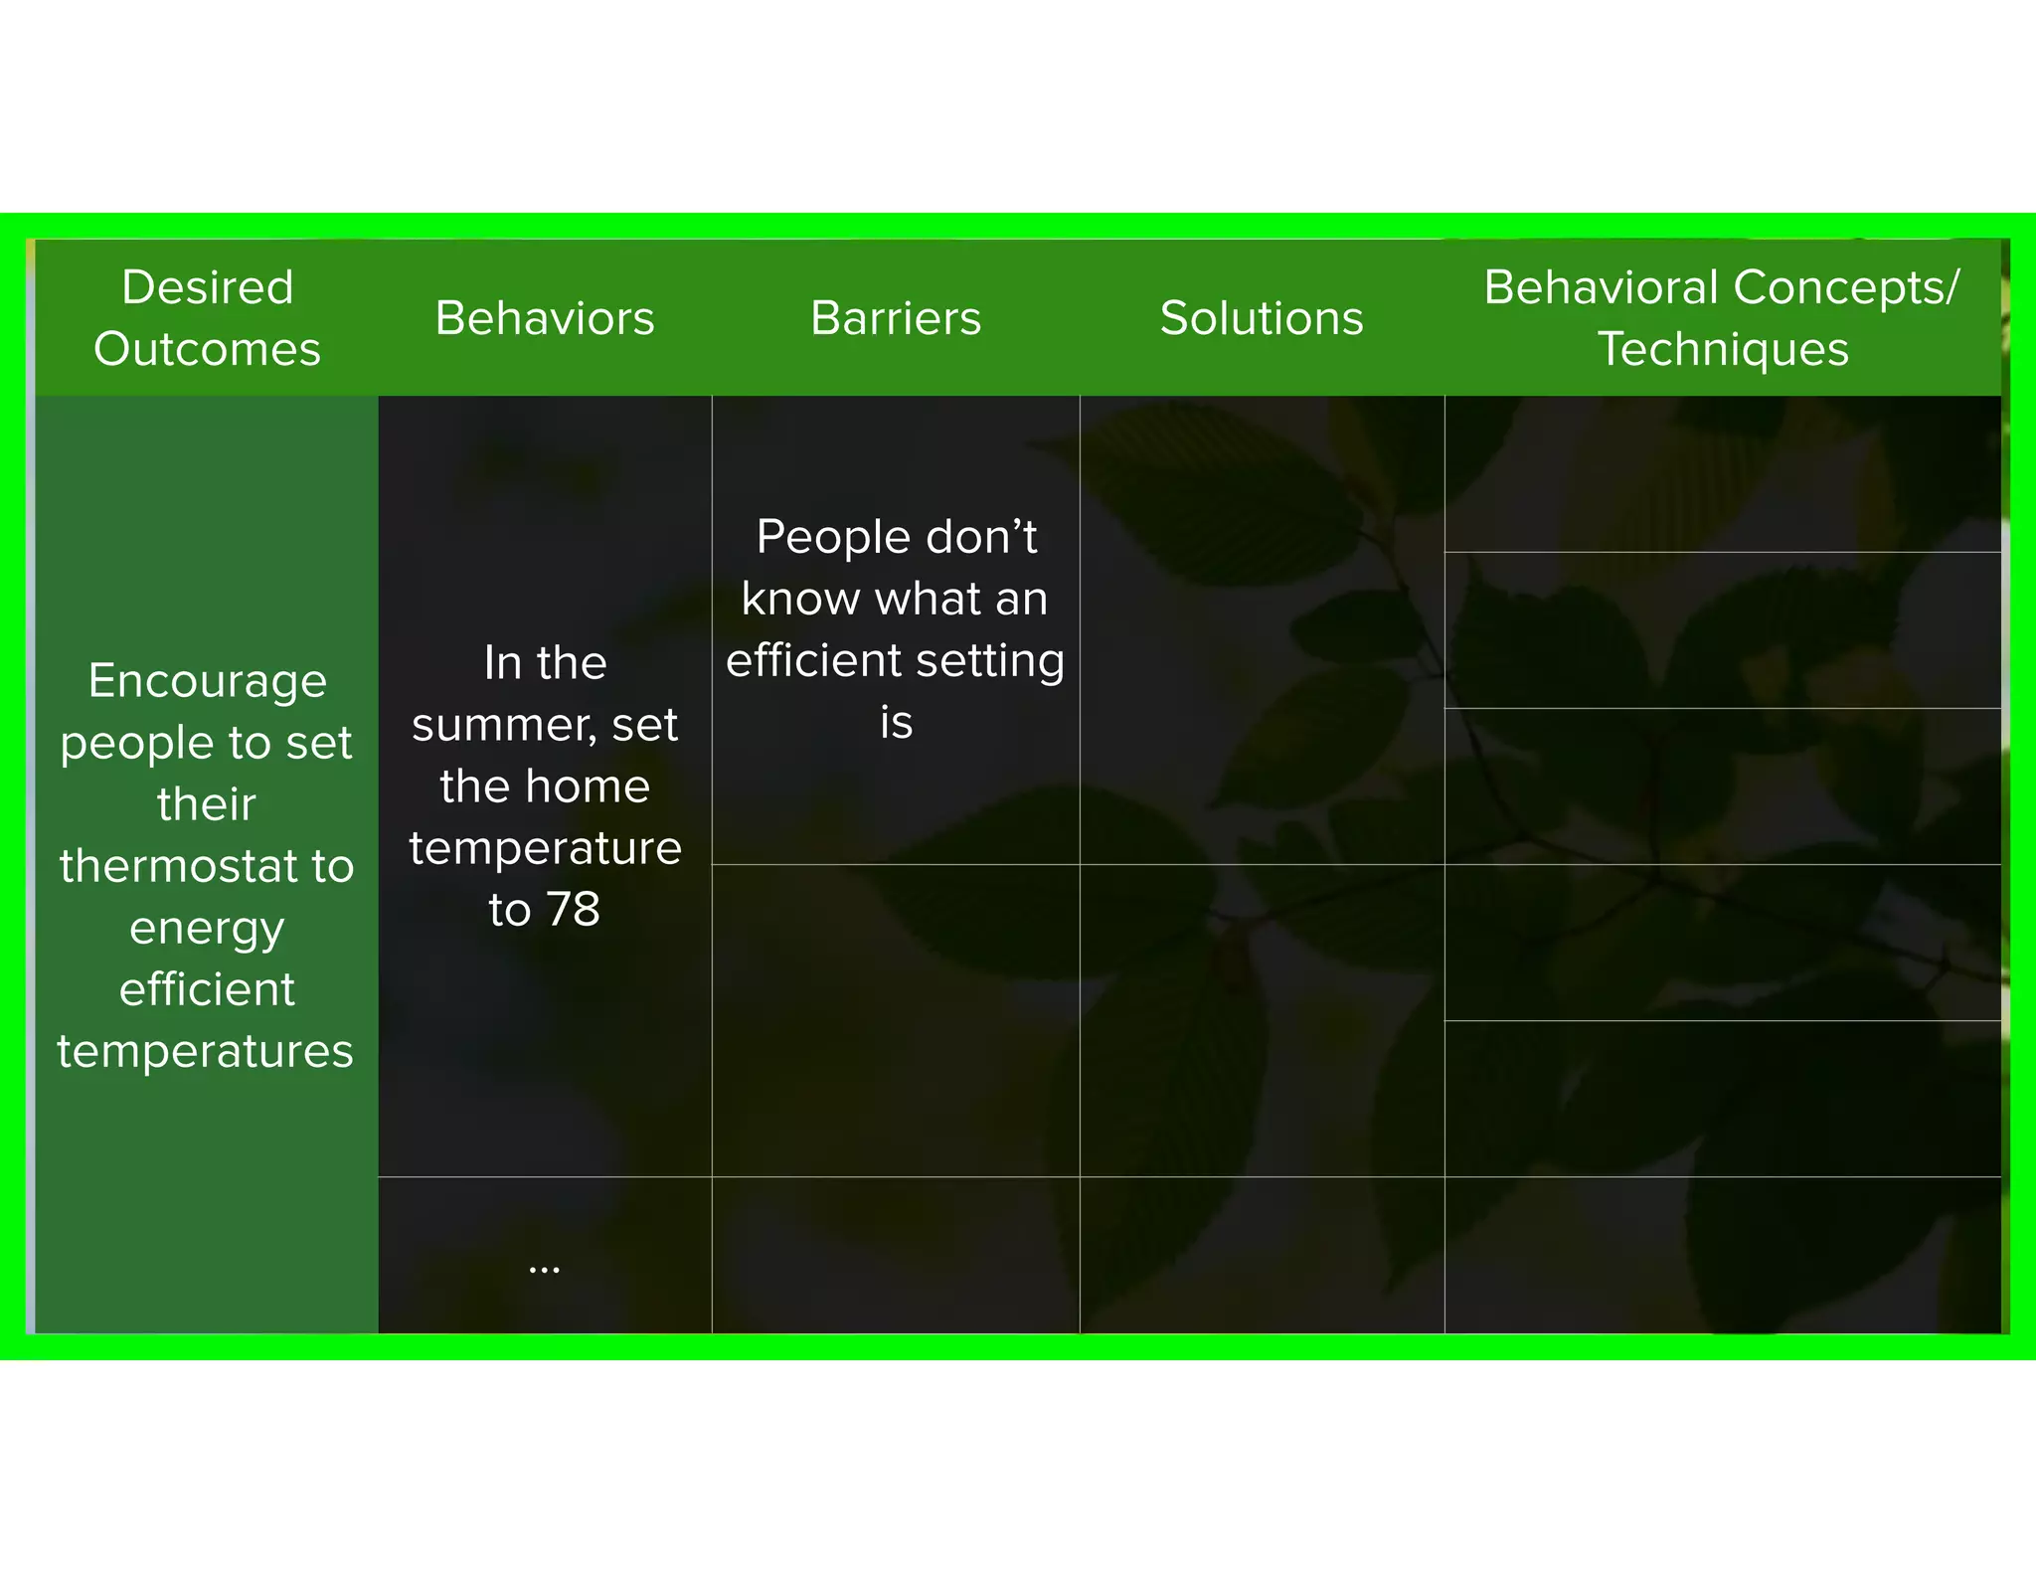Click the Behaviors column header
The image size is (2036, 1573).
pyautogui.click(x=545, y=318)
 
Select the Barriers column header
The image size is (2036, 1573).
pyautogui.click(x=896, y=318)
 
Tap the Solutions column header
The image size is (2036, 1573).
pyautogui.click(x=1262, y=318)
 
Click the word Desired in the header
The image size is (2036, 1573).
pyautogui.click(x=208, y=287)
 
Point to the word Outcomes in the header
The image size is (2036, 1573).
pyautogui.click(x=208, y=349)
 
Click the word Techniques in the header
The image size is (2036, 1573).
pyautogui.click(x=1723, y=349)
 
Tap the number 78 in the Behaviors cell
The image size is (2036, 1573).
pyautogui.click(x=574, y=909)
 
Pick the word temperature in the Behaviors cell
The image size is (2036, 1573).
pyautogui.click(x=545, y=848)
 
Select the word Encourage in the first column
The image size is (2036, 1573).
pyautogui.click(x=208, y=681)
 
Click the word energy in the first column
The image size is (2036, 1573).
pyautogui.click(x=208, y=929)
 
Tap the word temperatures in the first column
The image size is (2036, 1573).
pyautogui.click(x=206, y=1051)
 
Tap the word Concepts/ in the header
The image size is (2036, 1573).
pyautogui.click(x=1847, y=287)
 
